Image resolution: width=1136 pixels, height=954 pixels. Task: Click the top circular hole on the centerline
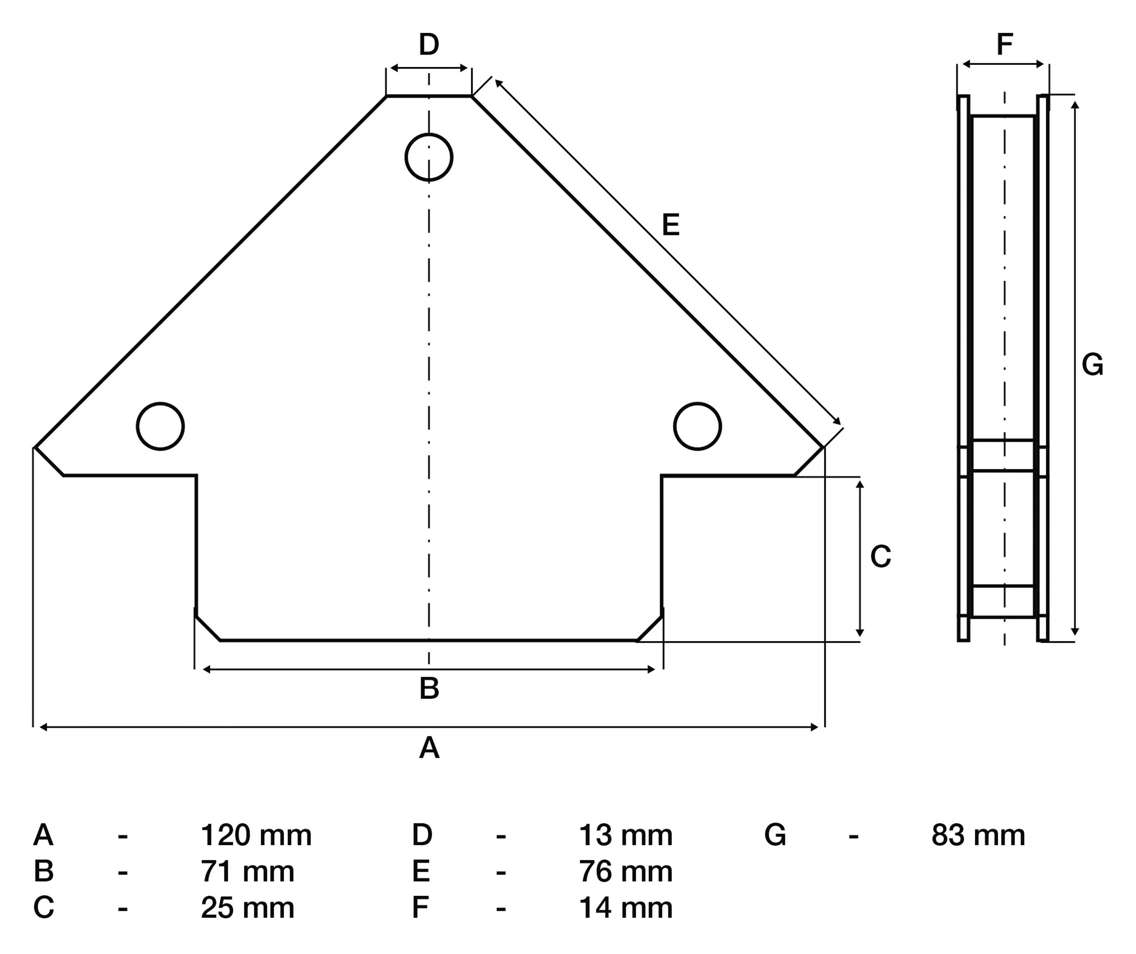[428, 157]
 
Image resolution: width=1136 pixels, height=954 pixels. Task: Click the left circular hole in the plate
[160, 426]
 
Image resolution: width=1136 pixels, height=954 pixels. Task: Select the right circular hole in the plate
[697, 426]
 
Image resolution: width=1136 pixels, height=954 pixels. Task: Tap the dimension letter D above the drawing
[428, 44]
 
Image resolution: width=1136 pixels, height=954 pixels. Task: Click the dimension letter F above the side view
[1004, 44]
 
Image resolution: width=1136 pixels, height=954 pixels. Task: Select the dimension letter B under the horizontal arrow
[429, 688]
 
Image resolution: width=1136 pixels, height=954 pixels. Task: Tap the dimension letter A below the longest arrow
[429, 748]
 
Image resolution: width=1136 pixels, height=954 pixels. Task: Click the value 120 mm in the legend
[256, 836]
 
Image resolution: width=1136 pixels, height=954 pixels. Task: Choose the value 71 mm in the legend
[247, 871]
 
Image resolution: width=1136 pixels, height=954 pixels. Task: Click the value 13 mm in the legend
[625, 836]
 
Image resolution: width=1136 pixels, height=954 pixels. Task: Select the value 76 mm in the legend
[625, 871]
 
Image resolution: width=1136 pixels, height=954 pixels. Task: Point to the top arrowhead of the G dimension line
[1075, 104]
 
